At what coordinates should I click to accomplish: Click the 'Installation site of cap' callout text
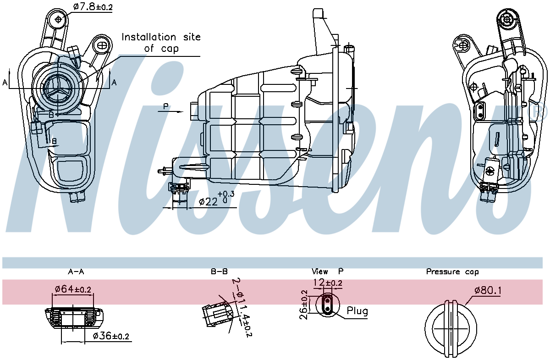pos(161,42)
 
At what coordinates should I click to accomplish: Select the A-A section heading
pos(76,271)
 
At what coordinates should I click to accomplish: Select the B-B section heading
pos(219,271)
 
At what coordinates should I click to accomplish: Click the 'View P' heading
pos(327,271)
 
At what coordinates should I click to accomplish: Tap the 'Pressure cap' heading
pos(452,271)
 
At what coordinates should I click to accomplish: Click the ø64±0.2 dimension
pos(73,289)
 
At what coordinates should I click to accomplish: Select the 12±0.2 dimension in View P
pos(328,283)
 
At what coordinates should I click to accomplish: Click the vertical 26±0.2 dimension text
pos(304,304)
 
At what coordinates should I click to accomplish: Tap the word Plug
pos(357,311)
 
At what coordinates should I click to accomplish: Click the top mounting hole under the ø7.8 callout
pos(59,19)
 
